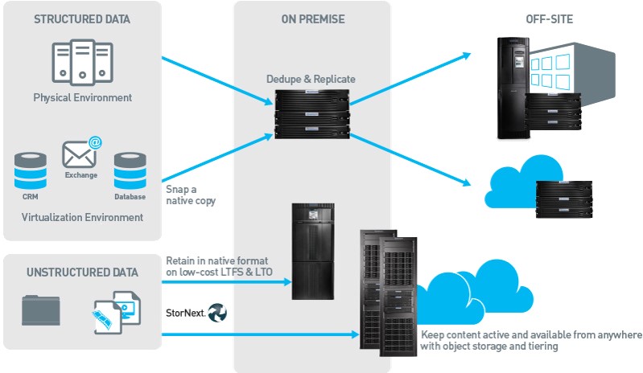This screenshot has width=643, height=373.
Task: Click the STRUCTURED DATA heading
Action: point(82,18)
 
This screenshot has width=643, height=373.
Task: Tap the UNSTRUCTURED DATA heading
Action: point(82,272)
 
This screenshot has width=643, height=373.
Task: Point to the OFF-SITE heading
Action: point(550,18)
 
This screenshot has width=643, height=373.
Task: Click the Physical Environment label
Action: point(82,97)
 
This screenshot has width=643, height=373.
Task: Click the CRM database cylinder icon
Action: point(30,170)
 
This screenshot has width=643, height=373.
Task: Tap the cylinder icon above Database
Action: point(129,170)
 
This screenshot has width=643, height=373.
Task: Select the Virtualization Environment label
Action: point(82,217)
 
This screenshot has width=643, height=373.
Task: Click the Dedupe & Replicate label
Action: point(311,79)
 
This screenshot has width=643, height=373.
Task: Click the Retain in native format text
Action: point(219,267)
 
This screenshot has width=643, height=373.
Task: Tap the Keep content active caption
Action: point(531,340)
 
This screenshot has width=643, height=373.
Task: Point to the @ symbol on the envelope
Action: point(95,143)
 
